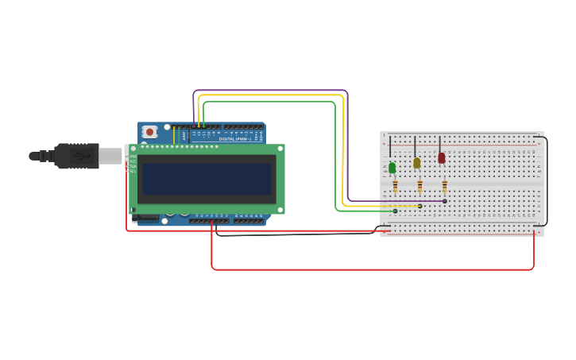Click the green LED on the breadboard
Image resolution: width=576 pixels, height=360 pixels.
[392, 167]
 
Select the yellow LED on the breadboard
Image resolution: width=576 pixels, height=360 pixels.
[416, 163]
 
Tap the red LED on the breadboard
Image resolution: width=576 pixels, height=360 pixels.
[442, 158]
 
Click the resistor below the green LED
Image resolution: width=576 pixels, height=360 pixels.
[395, 187]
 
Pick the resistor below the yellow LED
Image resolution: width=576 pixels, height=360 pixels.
[419, 187]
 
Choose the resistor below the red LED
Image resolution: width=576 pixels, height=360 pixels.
[444, 187]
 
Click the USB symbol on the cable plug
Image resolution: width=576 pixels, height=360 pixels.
[79, 156]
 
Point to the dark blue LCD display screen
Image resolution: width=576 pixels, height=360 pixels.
[207, 179]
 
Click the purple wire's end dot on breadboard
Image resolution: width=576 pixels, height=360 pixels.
[444, 201]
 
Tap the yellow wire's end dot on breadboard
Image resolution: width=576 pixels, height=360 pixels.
[419, 206]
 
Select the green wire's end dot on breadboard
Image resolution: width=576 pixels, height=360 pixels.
[395, 211]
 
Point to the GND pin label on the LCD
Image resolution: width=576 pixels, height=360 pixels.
[133, 157]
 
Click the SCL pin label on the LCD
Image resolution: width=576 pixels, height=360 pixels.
[133, 171]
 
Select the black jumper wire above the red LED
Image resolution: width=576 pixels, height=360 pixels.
[439, 142]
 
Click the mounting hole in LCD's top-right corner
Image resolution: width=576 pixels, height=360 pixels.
[280, 149]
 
